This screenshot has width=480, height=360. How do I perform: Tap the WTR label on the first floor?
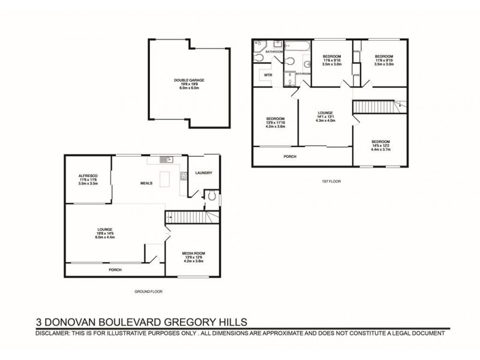268,75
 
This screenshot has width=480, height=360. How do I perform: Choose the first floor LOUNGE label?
325,112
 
